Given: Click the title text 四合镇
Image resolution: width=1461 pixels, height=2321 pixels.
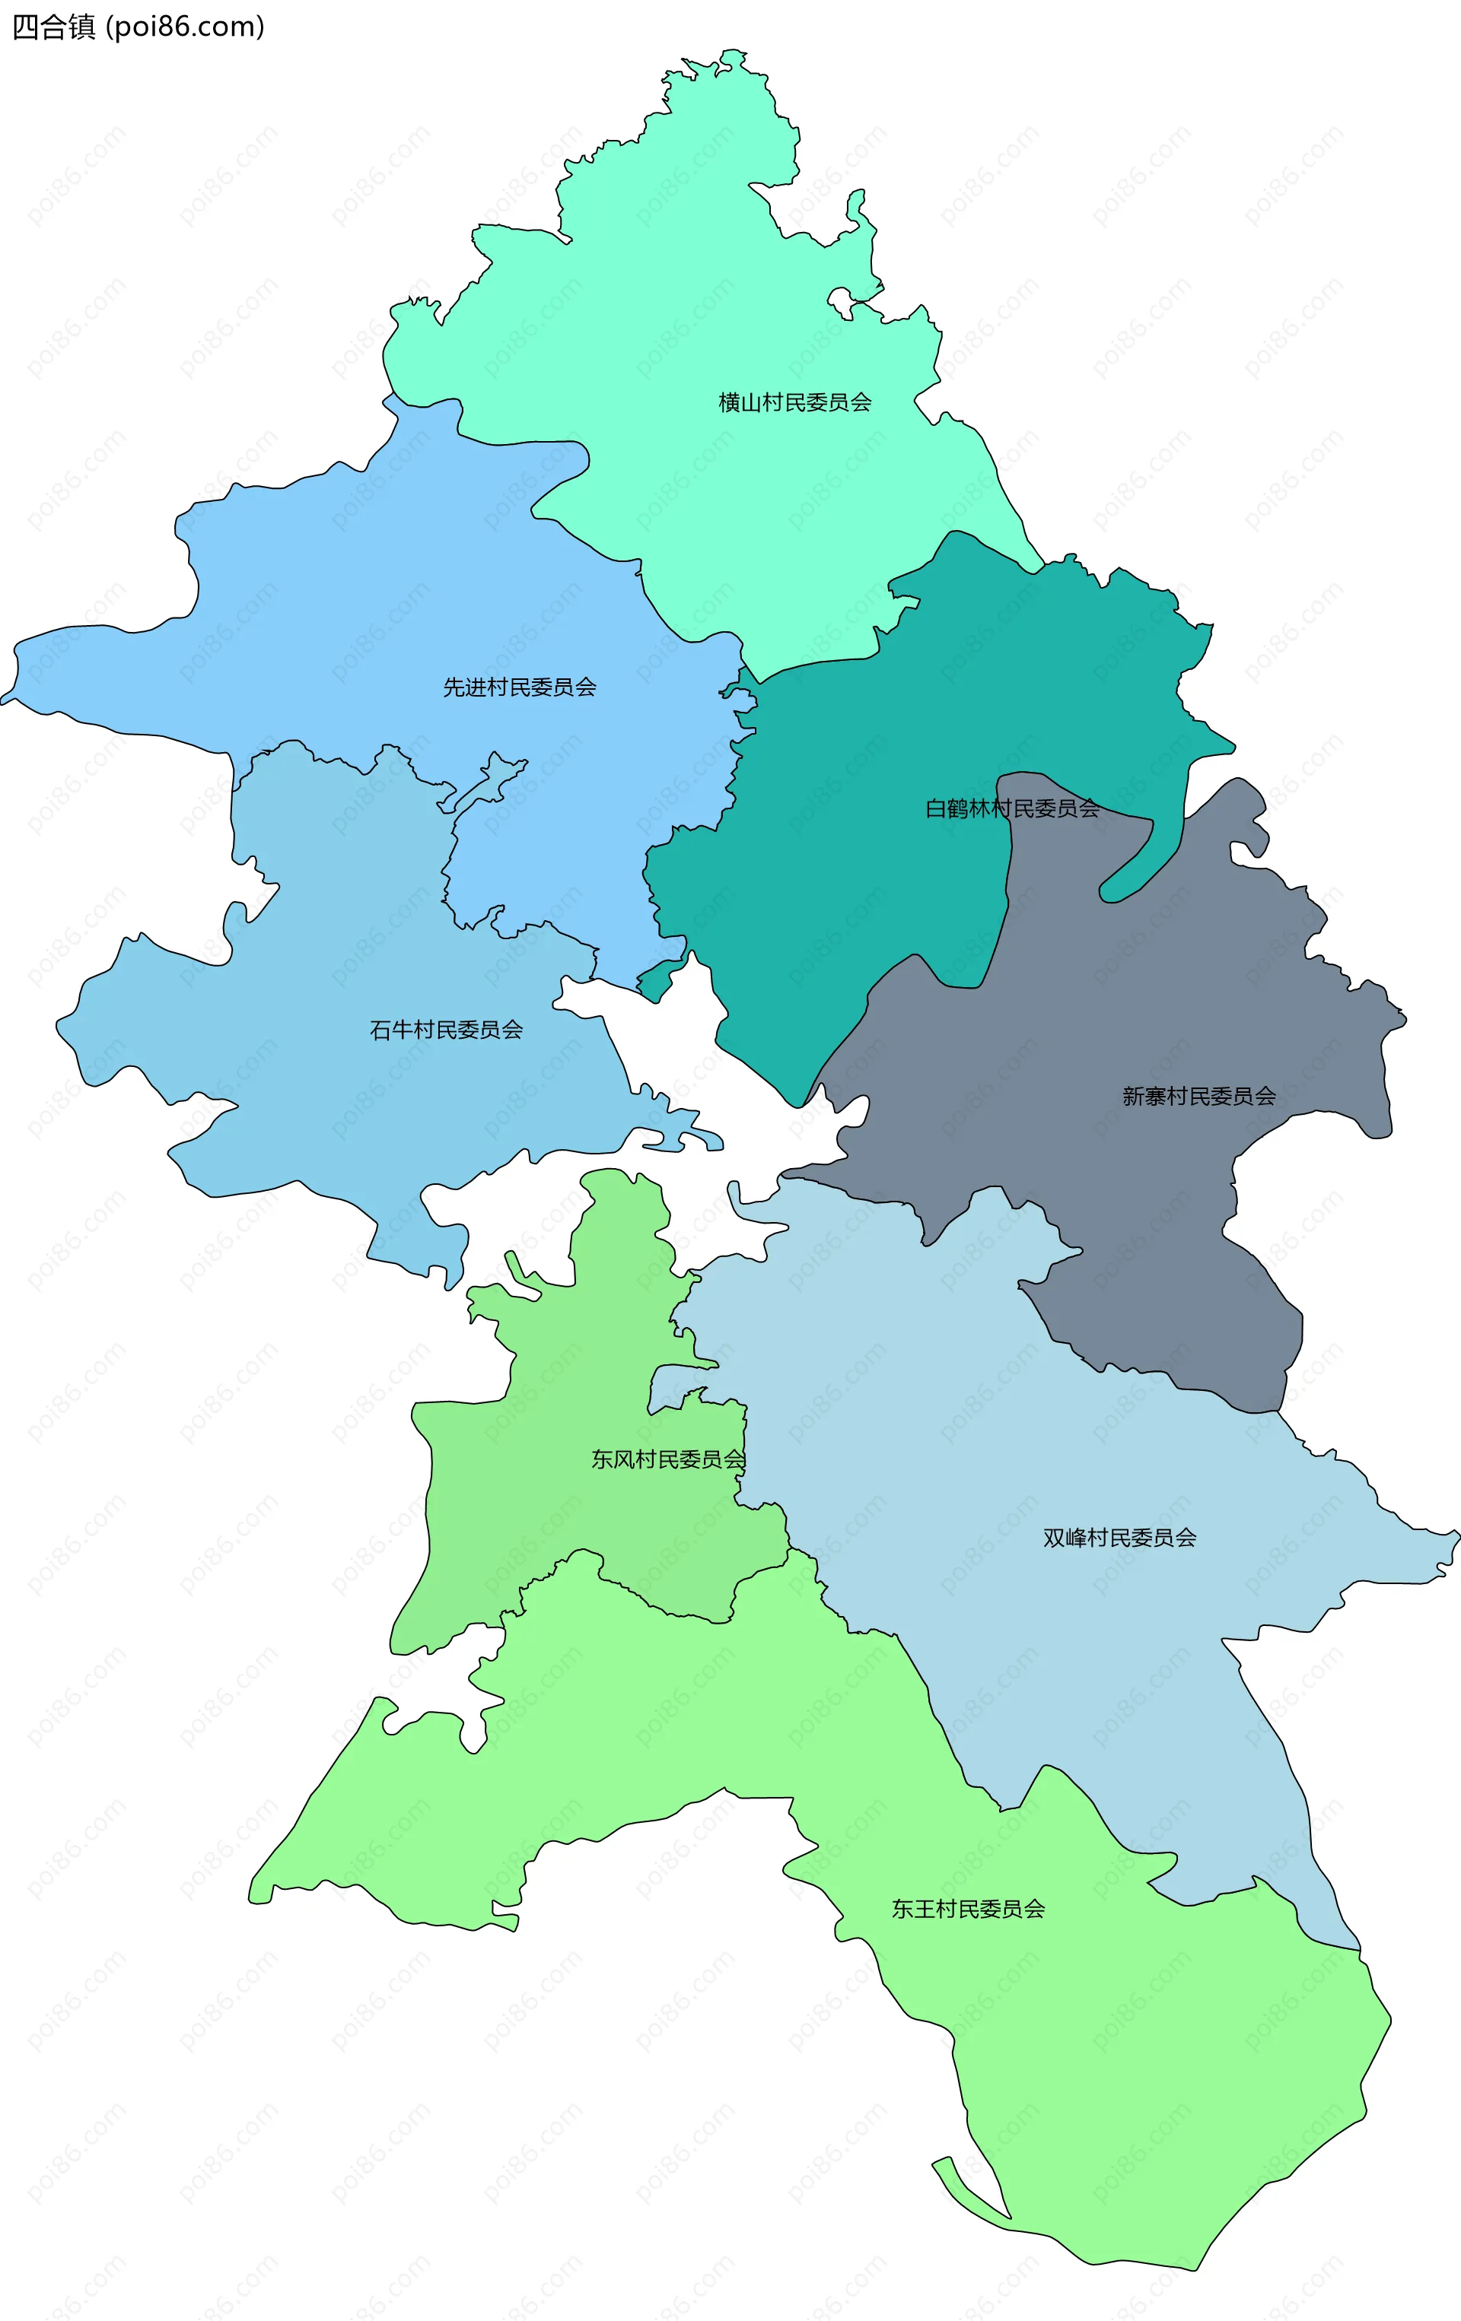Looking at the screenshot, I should (x=54, y=27).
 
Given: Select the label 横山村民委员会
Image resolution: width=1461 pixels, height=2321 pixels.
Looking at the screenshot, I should (x=794, y=403).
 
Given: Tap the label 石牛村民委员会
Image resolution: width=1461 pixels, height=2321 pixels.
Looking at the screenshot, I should (x=446, y=1030).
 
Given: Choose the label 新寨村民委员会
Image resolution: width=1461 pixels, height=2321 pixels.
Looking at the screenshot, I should (x=1198, y=1096).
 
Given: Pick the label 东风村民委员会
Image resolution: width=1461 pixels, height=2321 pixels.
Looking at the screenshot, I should (x=668, y=1459).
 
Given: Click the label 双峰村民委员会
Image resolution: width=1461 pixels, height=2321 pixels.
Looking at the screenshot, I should (x=1119, y=1538).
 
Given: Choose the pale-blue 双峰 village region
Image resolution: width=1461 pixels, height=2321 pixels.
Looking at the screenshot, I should (x=964, y=1398).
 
